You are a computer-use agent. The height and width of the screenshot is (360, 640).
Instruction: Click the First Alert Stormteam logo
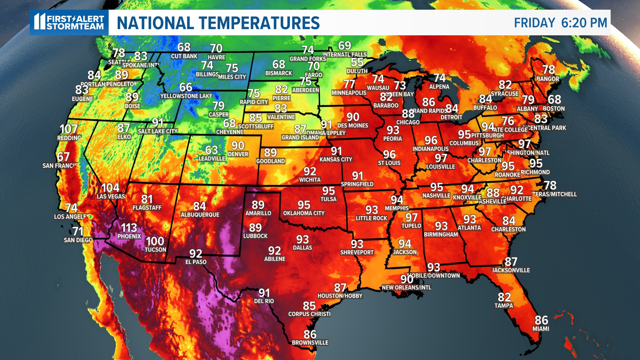pos(69,22)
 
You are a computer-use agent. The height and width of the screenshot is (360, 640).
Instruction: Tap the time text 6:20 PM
pos(584,23)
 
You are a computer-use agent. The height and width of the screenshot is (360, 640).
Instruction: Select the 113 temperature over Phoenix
pos(129,228)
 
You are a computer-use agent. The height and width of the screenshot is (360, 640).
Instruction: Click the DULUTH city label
pos(357,71)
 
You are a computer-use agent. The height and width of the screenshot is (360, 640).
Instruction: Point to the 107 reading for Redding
pos(68,129)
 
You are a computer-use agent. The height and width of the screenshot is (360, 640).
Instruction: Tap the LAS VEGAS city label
pos(111,196)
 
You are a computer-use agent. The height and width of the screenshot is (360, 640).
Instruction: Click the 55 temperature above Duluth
pos(357,62)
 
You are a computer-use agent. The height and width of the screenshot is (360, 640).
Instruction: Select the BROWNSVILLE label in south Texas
pos(310,342)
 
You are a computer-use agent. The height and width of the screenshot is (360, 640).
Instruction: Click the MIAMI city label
pos(541,329)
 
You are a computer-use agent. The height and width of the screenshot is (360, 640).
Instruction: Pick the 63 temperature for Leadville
pos(212,150)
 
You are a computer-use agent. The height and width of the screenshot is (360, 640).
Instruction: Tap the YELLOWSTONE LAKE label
pos(186,96)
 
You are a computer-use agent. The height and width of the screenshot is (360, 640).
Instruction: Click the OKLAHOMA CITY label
pos(304,213)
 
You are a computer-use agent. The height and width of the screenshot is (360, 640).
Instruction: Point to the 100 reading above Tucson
pos(155,241)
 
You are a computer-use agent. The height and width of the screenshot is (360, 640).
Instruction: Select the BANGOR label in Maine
pos(548,79)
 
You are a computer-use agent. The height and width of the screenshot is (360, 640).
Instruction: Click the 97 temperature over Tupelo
pos(411,217)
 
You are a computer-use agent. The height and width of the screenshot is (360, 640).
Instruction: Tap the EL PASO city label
pos(196,262)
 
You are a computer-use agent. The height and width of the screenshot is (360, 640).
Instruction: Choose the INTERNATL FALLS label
pos(344,54)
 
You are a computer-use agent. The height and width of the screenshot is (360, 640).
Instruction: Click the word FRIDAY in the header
pos(534,23)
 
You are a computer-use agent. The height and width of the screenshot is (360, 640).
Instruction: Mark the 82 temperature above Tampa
pos(504,297)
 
